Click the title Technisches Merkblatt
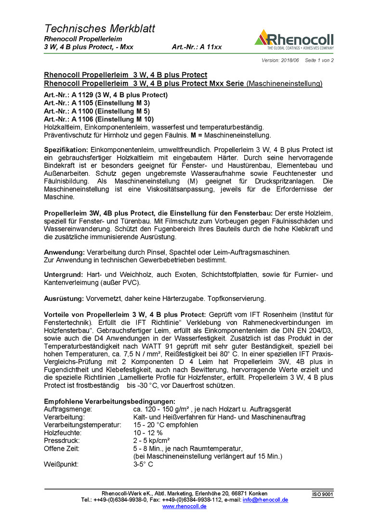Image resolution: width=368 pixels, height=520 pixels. (100, 28)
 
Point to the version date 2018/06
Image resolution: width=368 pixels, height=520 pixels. (290, 60)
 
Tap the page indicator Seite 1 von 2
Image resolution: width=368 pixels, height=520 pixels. (319, 60)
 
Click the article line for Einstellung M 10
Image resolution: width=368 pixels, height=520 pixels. (99, 119)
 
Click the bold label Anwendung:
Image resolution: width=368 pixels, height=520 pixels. (65, 252)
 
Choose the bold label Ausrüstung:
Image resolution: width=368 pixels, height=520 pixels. (64, 299)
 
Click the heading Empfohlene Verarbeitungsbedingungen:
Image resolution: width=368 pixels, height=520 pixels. (109, 402)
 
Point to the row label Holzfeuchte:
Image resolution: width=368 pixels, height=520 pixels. (63, 433)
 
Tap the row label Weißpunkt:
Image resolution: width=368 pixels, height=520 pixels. (61, 465)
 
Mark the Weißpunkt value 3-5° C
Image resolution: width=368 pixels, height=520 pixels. (143, 465)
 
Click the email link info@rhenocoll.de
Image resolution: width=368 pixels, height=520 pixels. (265, 500)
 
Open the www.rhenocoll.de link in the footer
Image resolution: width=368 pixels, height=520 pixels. (184, 507)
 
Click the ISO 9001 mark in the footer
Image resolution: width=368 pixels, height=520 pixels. (323, 494)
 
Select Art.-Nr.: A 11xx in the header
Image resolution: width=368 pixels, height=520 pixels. (197, 47)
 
